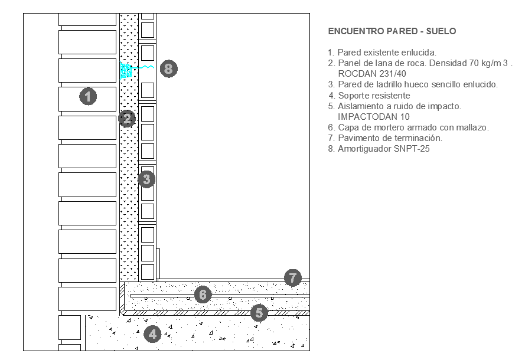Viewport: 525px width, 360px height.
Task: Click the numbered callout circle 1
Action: (x=88, y=96)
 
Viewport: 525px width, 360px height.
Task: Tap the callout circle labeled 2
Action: (x=127, y=119)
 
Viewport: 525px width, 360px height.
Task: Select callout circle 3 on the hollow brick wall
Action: (x=146, y=178)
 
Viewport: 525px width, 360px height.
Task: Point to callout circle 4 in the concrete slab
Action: (x=153, y=334)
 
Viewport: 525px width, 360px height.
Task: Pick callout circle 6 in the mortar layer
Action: (x=203, y=294)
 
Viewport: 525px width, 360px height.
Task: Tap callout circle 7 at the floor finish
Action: (x=292, y=277)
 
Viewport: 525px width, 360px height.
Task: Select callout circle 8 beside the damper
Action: (x=168, y=68)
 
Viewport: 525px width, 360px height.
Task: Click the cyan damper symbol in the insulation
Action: (x=126, y=71)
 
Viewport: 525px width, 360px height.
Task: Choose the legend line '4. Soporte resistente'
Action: (x=369, y=96)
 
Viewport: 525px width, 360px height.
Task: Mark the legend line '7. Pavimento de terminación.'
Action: (x=385, y=138)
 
